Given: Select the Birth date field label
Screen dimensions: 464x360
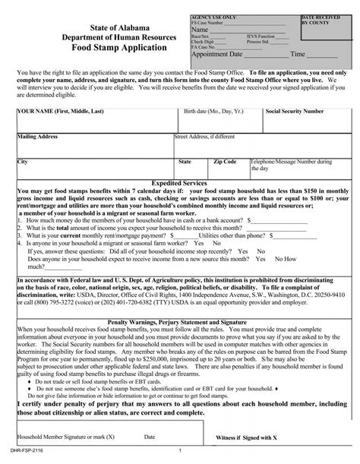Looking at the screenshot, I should (x=210, y=110).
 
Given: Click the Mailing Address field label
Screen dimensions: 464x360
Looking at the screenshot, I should (x=38, y=137).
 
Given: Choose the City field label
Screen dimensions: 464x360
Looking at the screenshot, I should (x=22, y=162).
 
